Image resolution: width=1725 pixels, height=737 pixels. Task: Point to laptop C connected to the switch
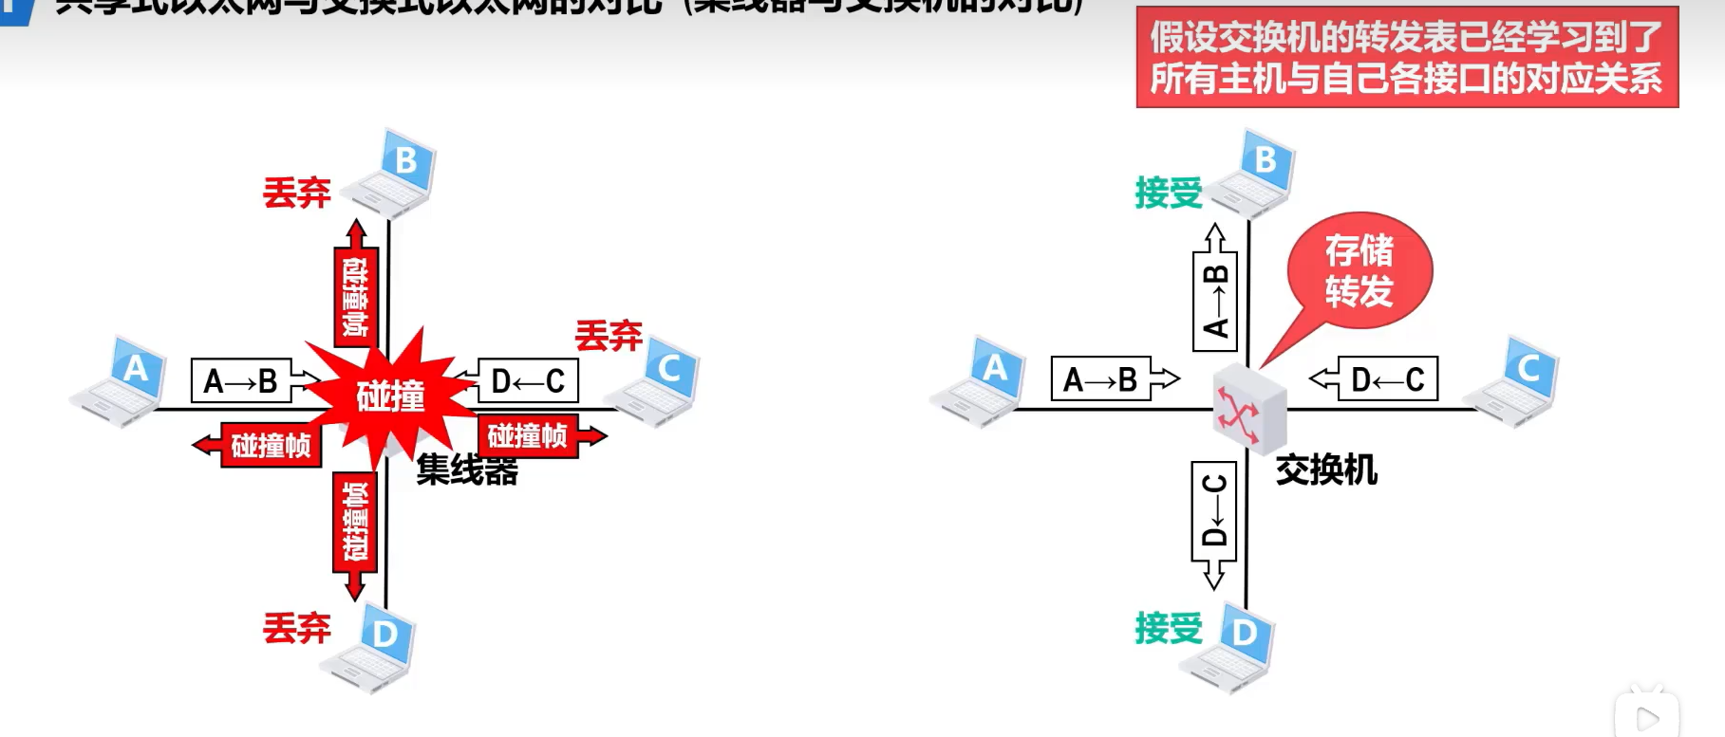pos(1513,381)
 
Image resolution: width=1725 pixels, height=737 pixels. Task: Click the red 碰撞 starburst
pos(389,396)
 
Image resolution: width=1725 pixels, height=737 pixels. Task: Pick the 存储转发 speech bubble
pos(1359,271)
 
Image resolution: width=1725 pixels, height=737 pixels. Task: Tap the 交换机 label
pos(1325,470)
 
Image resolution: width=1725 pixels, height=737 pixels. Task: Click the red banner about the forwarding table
pos(1406,57)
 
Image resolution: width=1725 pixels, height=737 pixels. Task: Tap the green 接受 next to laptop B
pos(1168,193)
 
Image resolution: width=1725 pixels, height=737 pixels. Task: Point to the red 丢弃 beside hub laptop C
pos(609,335)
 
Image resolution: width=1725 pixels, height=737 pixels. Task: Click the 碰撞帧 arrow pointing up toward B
pos(356,289)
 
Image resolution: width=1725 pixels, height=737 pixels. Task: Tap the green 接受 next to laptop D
pos(1168,628)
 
